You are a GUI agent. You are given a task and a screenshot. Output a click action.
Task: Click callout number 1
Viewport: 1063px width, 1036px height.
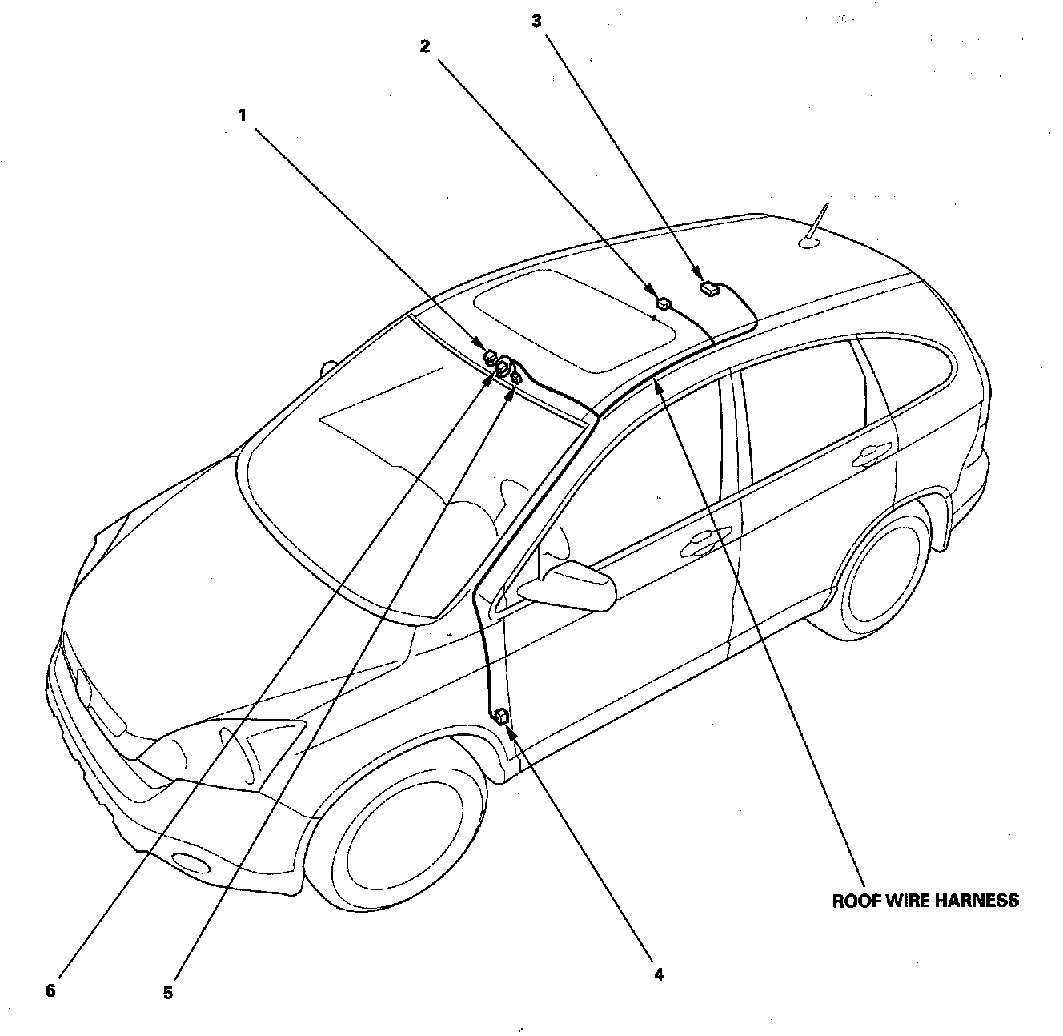[x=241, y=114]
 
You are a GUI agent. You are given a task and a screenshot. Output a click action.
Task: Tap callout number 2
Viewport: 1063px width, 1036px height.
[x=425, y=46]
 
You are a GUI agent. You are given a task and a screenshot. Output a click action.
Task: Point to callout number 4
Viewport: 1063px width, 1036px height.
[x=658, y=974]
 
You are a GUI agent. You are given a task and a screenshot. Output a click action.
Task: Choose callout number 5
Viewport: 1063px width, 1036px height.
[x=168, y=992]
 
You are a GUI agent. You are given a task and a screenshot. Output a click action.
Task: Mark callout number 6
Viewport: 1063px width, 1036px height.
[x=50, y=990]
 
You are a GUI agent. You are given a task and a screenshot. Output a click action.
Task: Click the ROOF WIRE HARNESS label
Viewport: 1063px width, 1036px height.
[x=925, y=901]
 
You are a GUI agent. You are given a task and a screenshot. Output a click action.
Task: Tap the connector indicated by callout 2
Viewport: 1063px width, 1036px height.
[x=663, y=303]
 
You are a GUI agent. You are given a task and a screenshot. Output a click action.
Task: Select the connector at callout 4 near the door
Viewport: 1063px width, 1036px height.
[x=503, y=716]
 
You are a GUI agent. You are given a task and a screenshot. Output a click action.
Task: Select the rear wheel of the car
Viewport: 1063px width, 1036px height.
[x=880, y=572]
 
